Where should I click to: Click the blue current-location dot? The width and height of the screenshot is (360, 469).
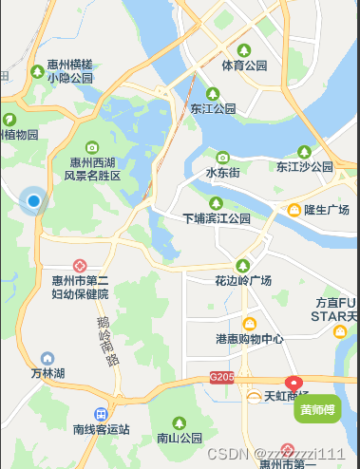tap(34, 200)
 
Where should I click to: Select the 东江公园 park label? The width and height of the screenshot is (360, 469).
tap(213, 108)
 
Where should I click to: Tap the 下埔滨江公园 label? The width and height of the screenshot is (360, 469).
tap(217, 217)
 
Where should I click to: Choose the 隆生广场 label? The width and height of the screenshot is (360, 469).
tap(326, 209)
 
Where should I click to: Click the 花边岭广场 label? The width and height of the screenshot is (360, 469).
tap(243, 280)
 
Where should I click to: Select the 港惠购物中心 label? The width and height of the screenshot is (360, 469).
tap(249, 339)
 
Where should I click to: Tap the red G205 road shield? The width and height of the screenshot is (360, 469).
tap(221, 377)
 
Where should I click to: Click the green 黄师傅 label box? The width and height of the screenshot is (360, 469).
tap(318, 410)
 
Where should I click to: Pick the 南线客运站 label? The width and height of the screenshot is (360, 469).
tap(101, 429)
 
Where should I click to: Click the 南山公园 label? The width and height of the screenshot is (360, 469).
tap(180, 438)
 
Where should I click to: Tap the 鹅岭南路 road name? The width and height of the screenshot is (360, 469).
tap(107, 342)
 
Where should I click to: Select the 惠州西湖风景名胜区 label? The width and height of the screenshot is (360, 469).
tap(92, 169)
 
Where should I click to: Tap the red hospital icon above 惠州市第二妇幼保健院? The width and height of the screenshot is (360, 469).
tap(81, 266)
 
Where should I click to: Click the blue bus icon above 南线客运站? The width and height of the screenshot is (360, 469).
tap(101, 414)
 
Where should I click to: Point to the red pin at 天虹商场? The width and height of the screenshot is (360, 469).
tap(293, 384)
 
